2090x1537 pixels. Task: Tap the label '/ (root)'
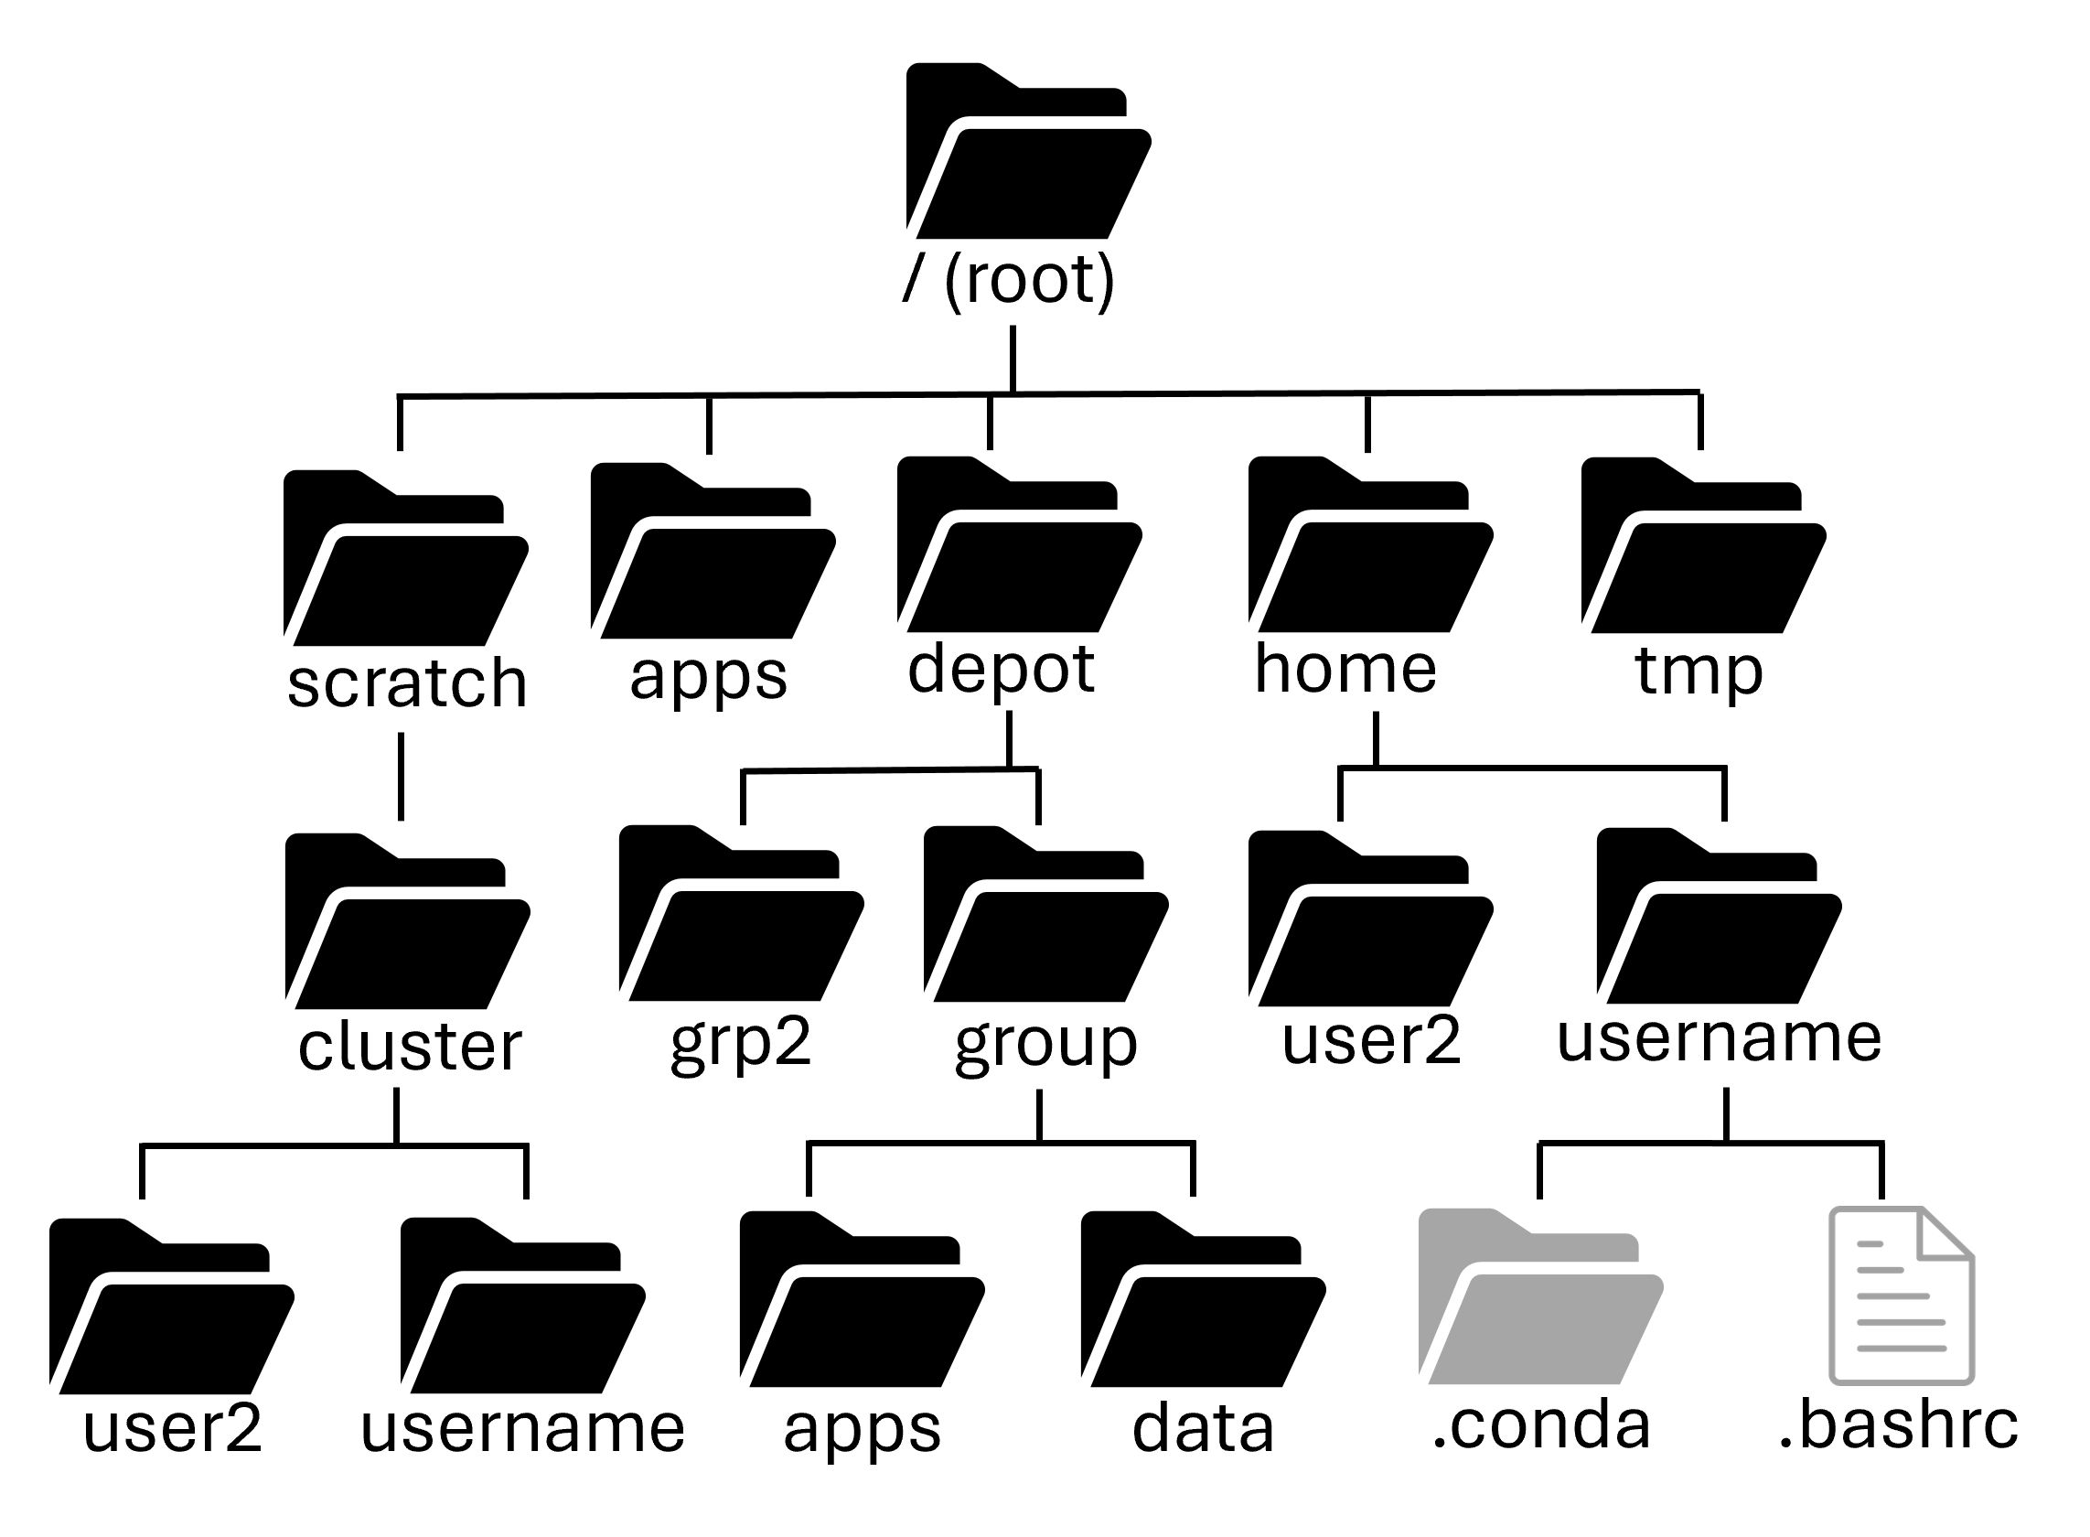pos(1008,279)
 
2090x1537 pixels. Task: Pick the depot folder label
pos(1001,671)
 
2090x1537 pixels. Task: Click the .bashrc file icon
pos(1902,1295)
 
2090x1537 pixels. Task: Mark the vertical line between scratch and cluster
pos(401,777)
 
